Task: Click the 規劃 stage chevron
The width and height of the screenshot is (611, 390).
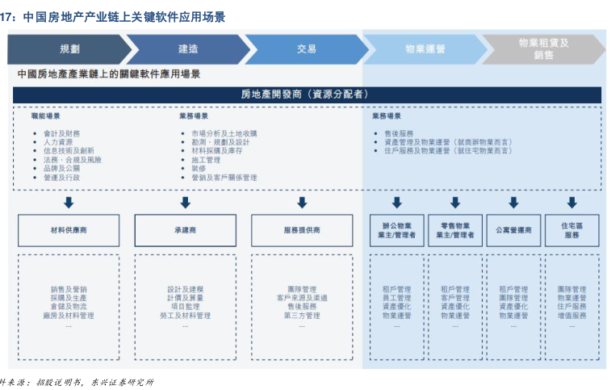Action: (x=69, y=49)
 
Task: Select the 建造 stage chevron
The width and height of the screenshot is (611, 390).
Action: (x=188, y=49)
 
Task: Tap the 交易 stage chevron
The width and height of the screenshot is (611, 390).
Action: (x=306, y=49)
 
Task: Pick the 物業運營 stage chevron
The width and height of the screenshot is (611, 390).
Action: (x=425, y=49)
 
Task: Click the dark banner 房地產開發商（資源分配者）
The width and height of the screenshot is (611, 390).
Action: (x=307, y=94)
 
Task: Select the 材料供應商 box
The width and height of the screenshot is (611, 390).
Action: (x=69, y=230)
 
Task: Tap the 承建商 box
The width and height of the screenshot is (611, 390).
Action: (x=185, y=230)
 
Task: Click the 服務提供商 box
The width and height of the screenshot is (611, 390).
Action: (x=301, y=230)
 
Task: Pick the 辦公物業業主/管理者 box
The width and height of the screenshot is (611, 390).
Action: (x=397, y=230)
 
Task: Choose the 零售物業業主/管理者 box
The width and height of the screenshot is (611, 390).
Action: (x=455, y=230)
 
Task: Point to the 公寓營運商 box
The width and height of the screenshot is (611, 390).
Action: (x=513, y=230)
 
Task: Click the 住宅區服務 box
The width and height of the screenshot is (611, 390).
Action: (x=571, y=230)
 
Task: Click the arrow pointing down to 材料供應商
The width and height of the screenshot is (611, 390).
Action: (x=69, y=202)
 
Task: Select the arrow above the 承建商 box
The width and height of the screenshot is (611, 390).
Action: (x=185, y=202)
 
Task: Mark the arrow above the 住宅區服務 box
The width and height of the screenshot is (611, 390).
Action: (x=571, y=202)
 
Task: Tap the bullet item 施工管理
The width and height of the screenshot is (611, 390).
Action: (x=206, y=160)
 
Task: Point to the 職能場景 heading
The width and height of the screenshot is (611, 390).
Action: (x=45, y=116)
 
